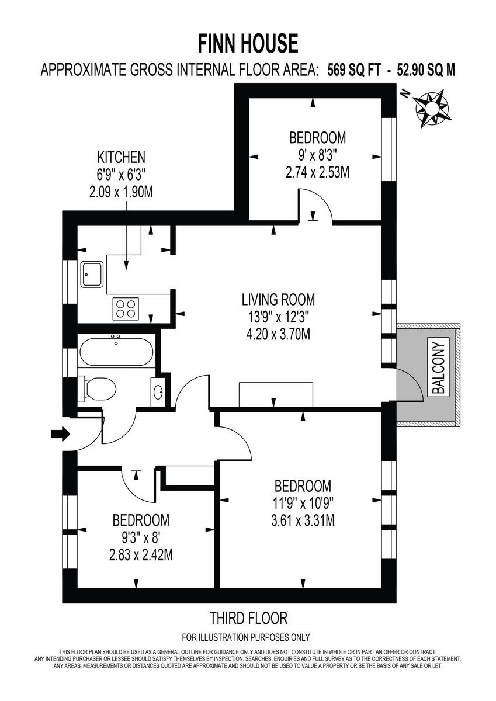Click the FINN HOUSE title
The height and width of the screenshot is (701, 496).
coord(248,44)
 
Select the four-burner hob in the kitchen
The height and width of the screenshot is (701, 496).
coord(125,308)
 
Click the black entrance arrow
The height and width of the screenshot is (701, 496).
coord(60,434)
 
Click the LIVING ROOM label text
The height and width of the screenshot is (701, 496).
coord(278,300)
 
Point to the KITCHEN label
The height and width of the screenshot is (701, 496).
coord(121,157)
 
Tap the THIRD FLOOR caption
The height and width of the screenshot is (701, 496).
coord(248,618)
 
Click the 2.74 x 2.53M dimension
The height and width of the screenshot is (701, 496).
coord(317,173)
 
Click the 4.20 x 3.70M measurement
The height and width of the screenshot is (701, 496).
coord(278,335)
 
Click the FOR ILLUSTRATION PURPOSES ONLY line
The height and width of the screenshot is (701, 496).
coord(246,637)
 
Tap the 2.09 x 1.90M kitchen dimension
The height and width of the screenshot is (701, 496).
coord(121,193)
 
